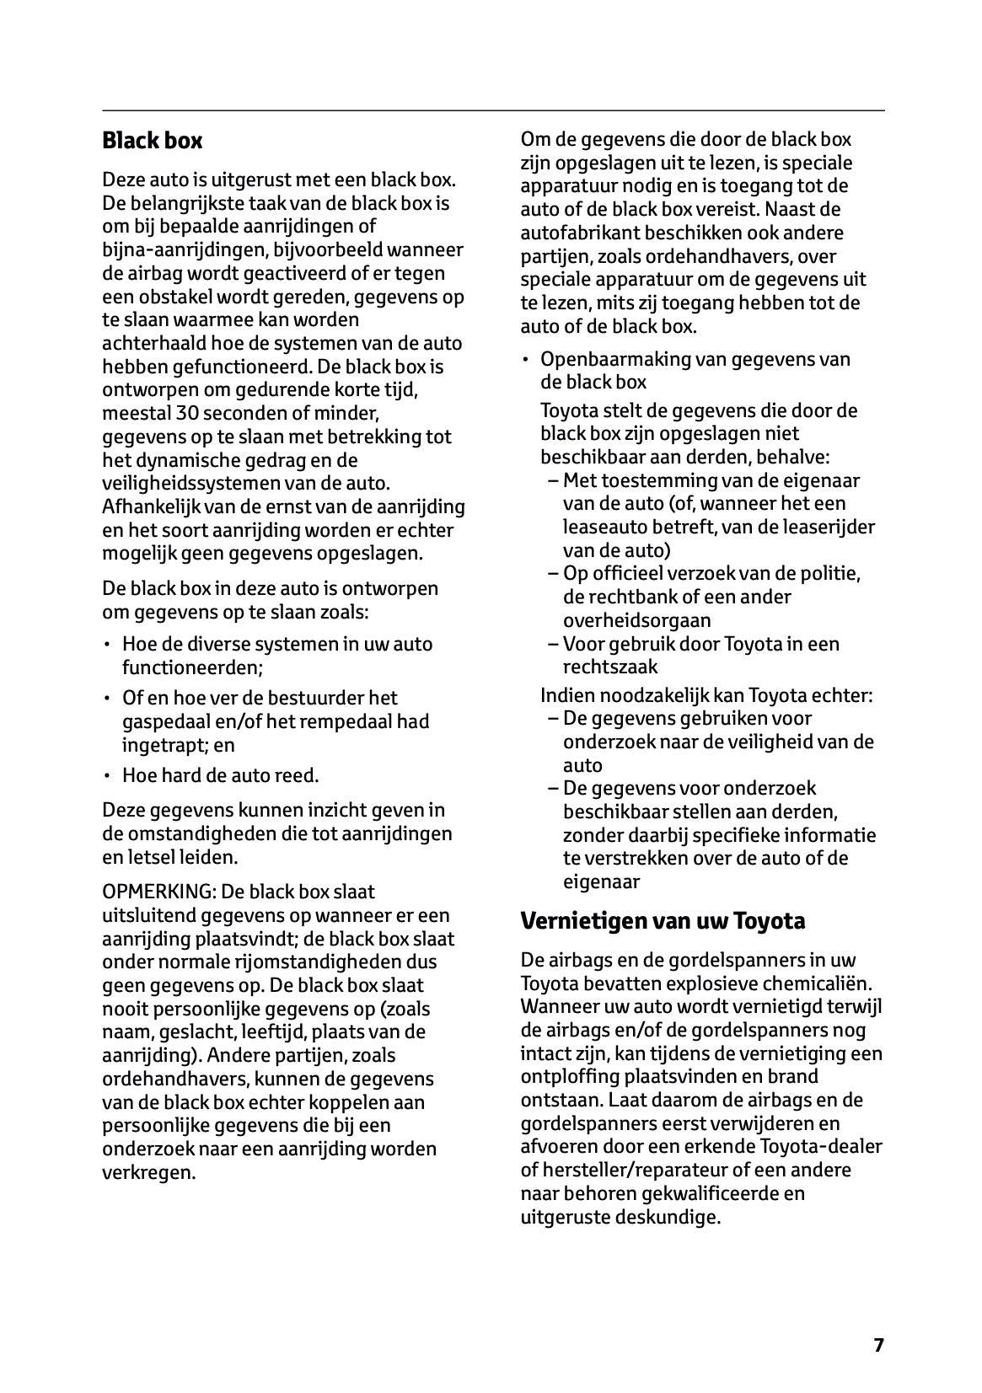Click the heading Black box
[x=152, y=141]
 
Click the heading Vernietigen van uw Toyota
[x=663, y=921]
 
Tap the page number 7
[x=878, y=1345]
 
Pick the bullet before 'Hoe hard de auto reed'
[x=107, y=775]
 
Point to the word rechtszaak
[x=610, y=667]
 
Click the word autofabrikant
[x=574, y=233]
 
